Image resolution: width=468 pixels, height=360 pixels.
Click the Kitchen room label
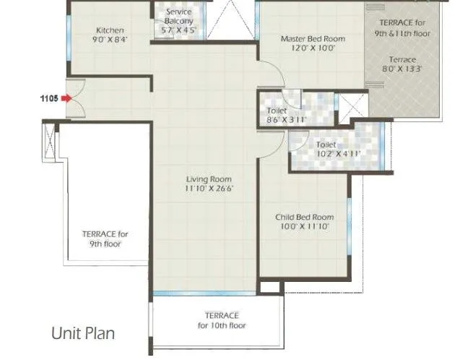coord(110,30)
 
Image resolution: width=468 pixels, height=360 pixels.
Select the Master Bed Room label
coord(312,38)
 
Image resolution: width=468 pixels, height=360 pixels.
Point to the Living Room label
coord(209,179)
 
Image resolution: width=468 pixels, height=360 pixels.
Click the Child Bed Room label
coord(304,217)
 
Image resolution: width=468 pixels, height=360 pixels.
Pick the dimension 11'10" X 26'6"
coord(209,189)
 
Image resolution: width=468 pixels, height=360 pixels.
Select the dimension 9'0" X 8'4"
coord(110,40)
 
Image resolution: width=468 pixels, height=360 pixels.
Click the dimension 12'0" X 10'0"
coord(312,48)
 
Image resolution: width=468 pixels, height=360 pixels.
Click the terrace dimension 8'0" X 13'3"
coord(402,69)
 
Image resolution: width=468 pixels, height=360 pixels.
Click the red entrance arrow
coord(66,98)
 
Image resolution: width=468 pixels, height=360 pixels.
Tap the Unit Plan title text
coord(82,334)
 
